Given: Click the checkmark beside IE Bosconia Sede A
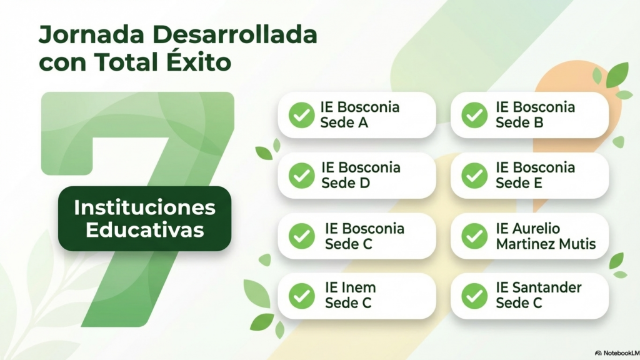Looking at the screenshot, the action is (302, 115).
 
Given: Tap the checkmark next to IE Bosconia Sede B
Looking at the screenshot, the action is (474, 115).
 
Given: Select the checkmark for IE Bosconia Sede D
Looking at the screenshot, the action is (302, 176).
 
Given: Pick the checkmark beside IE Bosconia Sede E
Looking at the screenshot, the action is (474, 176).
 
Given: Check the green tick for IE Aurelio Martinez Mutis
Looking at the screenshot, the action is (474, 236).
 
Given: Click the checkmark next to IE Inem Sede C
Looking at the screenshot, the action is (302, 296).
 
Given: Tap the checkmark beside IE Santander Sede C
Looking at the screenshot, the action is (474, 296).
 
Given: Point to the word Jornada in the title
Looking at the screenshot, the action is (91, 34).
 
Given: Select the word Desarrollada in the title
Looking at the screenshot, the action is (235, 34).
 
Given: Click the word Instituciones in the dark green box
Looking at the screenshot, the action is (144, 207).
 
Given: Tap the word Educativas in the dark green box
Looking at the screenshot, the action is (145, 230).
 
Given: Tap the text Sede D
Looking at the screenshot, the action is (345, 183).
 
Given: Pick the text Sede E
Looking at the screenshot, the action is (519, 183).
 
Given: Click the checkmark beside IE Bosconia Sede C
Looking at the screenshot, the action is (302, 236).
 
